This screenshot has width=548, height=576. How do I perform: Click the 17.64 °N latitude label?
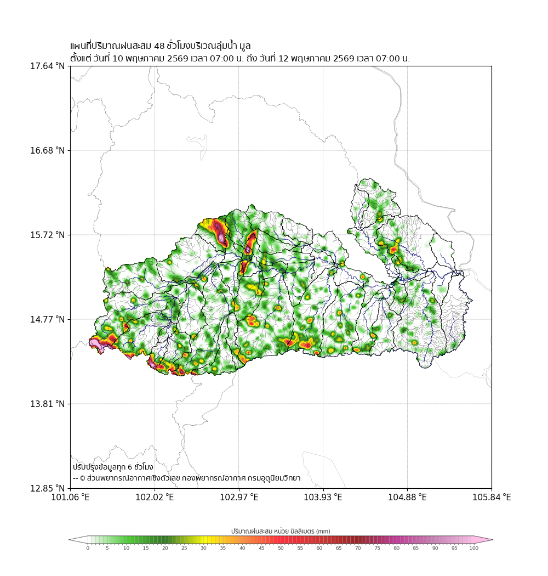click(x=47, y=66)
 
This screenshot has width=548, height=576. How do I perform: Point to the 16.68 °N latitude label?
click(x=47, y=151)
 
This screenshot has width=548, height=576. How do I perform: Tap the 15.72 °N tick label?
click(x=47, y=235)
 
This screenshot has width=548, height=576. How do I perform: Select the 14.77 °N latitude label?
click(x=47, y=320)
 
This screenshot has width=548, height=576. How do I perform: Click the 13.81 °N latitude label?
click(x=47, y=404)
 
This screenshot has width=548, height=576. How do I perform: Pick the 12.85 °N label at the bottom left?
click(x=47, y=489)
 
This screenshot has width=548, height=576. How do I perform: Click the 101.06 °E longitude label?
click(x=71, y=498)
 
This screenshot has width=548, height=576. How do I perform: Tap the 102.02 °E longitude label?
click(x=155, y=498)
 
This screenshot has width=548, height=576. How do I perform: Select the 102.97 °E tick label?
click(x=239, y=498)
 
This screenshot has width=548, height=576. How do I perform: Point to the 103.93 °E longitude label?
click(x=323, y=498)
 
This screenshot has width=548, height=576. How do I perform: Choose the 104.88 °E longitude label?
click(x=407, y=498)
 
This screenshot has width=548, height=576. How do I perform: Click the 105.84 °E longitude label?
click(x=492, y=498)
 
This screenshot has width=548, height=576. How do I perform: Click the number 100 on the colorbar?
click(x=474, y=548)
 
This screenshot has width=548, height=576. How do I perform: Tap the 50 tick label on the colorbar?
click(x=281, y=548)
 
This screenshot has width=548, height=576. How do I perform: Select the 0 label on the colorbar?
click(x=88, y=548)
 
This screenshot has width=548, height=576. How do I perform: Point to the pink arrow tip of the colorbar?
click(x=492, y=540)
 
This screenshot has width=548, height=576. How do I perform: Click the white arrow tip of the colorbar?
click(x=70, y=540)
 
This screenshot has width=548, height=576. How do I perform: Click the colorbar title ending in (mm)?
click(x=281, y=531)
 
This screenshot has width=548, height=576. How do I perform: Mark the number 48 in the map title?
click(x=159, y=46)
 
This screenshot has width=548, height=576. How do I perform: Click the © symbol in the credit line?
click(x=83, y=478)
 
